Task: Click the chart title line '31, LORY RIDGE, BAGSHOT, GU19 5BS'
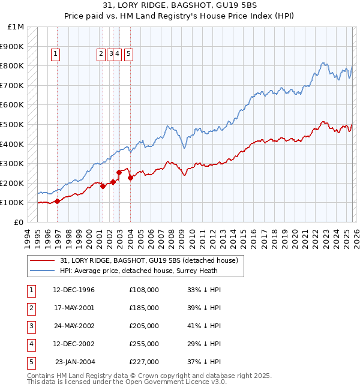180,7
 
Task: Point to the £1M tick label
16,27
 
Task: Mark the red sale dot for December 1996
58,201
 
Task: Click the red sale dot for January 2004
130,178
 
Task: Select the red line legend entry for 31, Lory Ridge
149,260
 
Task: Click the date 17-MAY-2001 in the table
74,308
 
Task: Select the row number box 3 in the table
31,326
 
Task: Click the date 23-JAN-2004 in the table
75,362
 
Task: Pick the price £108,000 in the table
144,290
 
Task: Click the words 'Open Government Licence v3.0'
174,382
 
